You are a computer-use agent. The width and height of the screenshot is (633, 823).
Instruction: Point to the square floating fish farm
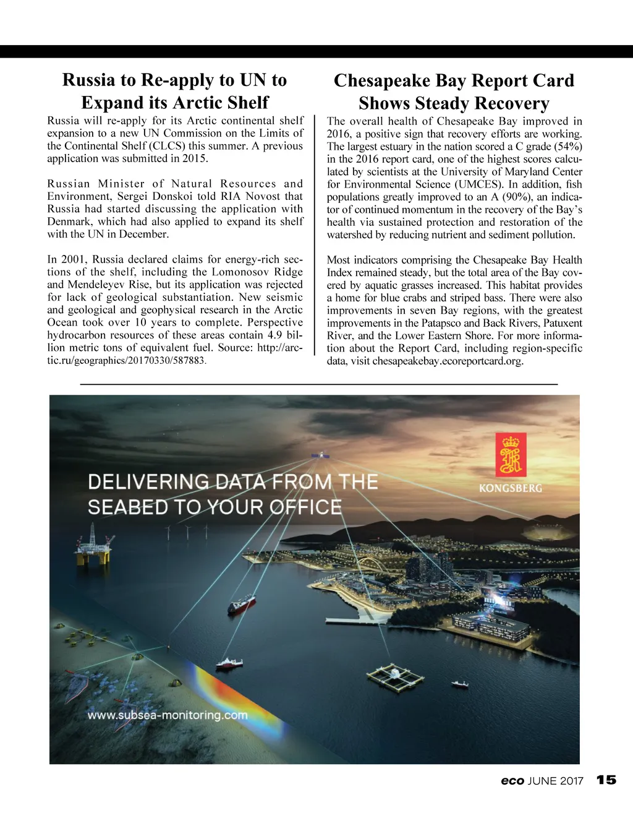pos(395,678)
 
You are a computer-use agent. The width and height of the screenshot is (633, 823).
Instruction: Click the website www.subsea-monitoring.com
pos(168,715)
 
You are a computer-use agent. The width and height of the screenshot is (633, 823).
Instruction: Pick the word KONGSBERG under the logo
pos(510,488)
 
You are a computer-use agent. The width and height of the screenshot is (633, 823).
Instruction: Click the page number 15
pos(607,780)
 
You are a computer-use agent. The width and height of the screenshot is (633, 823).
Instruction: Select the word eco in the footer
pos(512,781)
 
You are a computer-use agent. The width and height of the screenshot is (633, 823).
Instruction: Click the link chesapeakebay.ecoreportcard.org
pos(448,361)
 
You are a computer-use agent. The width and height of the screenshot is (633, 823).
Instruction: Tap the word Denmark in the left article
pos(68,222)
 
